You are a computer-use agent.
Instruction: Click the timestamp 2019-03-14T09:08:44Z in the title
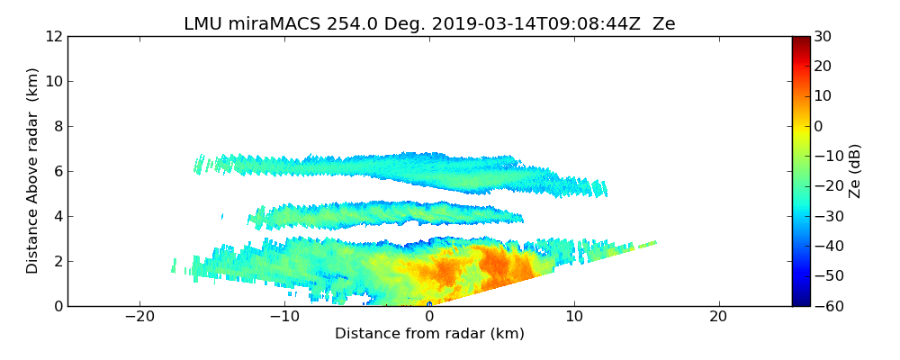click(520, 24)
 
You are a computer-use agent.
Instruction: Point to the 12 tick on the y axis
click(53, 36)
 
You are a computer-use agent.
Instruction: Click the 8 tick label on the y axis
click(57, 126)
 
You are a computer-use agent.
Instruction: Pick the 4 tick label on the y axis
click(57, 216)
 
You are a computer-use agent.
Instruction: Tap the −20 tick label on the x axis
click(139, 317)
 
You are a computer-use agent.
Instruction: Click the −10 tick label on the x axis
click(283, 317)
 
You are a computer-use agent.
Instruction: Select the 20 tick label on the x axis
click(718, 317)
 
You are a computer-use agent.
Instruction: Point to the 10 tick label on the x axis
click(573, 317)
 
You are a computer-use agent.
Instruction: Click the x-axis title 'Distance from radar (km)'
click(429, 334)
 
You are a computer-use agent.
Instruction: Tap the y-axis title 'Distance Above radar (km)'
click(33, 171)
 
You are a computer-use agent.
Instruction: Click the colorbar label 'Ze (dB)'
click(855, 171)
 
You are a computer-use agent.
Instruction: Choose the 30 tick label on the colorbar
click(823, 36)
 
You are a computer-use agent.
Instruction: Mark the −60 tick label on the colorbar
click(827, 306)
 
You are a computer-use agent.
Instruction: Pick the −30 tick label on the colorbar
click(827, 216)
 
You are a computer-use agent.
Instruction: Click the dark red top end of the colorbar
click(800, 40)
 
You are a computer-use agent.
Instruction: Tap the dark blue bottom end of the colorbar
click(800, 302)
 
